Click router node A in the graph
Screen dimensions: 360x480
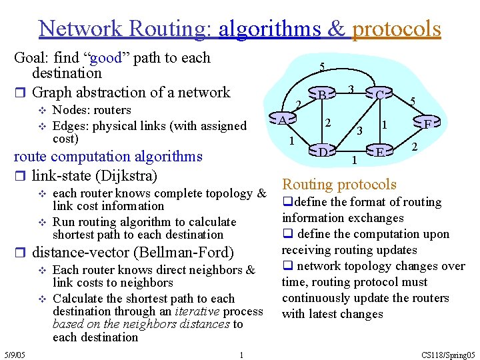(283, 120)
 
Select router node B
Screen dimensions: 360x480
(321, 95)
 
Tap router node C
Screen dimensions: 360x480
(379, 95)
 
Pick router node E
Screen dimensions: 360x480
(379, 152)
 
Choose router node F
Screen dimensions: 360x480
(428, 123)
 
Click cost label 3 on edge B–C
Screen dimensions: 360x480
(351, 89)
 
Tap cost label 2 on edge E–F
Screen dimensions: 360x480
(415, 147)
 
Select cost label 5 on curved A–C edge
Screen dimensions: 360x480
(322, 67)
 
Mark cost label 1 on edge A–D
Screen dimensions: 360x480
(291, 141)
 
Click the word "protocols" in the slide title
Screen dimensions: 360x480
(397, 29)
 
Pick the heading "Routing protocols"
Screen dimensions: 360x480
(339, 185)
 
